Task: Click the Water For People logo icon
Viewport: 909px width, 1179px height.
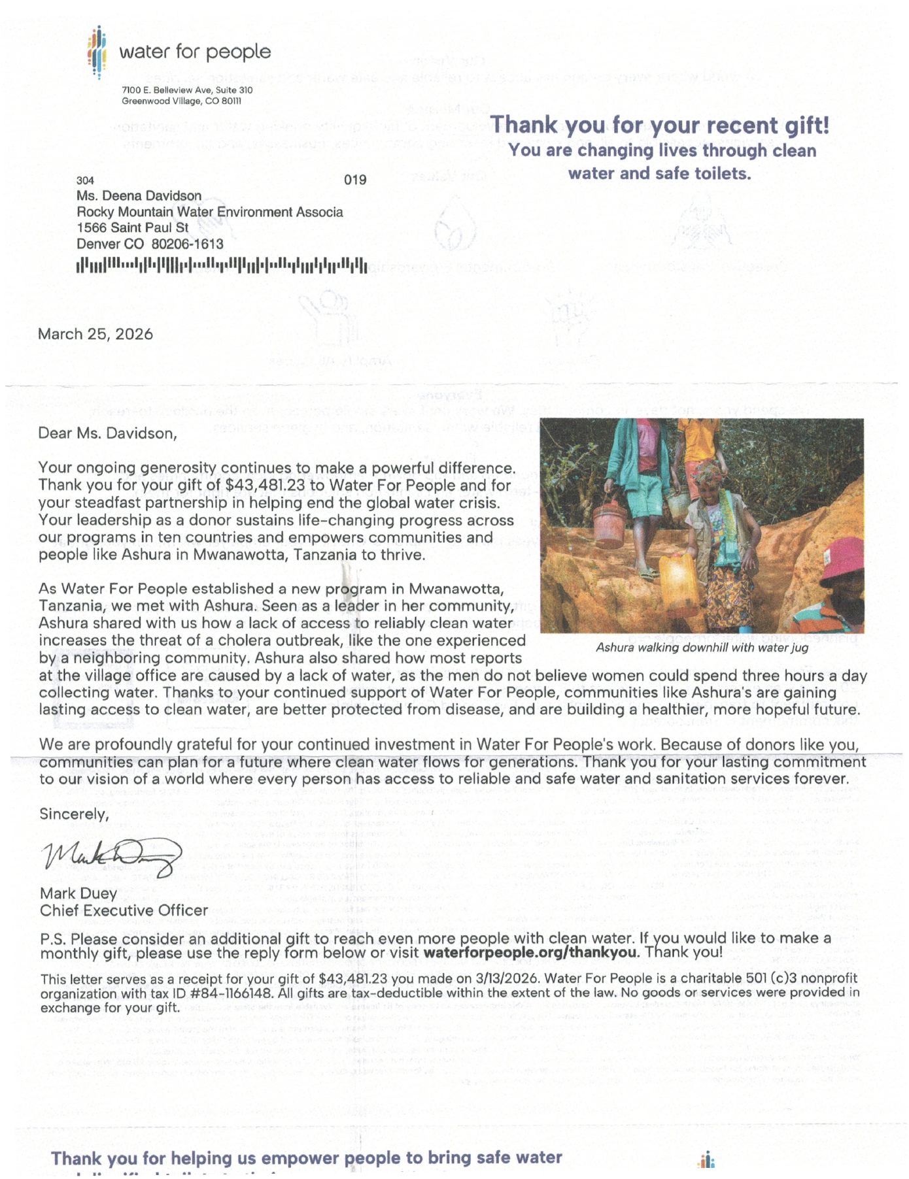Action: tap(97, 52)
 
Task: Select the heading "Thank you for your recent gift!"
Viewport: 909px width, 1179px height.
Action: tap(660, 125)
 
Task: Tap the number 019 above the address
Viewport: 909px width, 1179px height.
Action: tap(355, 180)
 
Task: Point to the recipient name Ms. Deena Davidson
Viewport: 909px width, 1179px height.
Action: tap(139, 196)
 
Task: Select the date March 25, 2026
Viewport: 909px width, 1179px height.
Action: tap(95, 335)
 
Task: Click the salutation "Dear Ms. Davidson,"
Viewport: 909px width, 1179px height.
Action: tap(108, 433)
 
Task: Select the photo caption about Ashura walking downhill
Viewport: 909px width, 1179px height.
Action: tap(702, 648)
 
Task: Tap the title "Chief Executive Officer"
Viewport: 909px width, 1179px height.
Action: tap(124, 910)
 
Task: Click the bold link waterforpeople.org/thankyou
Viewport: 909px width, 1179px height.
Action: tap(530, 952)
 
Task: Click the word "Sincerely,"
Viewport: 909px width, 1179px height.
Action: tap(74, 814)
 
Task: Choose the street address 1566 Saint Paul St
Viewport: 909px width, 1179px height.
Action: tap(133, 228)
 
